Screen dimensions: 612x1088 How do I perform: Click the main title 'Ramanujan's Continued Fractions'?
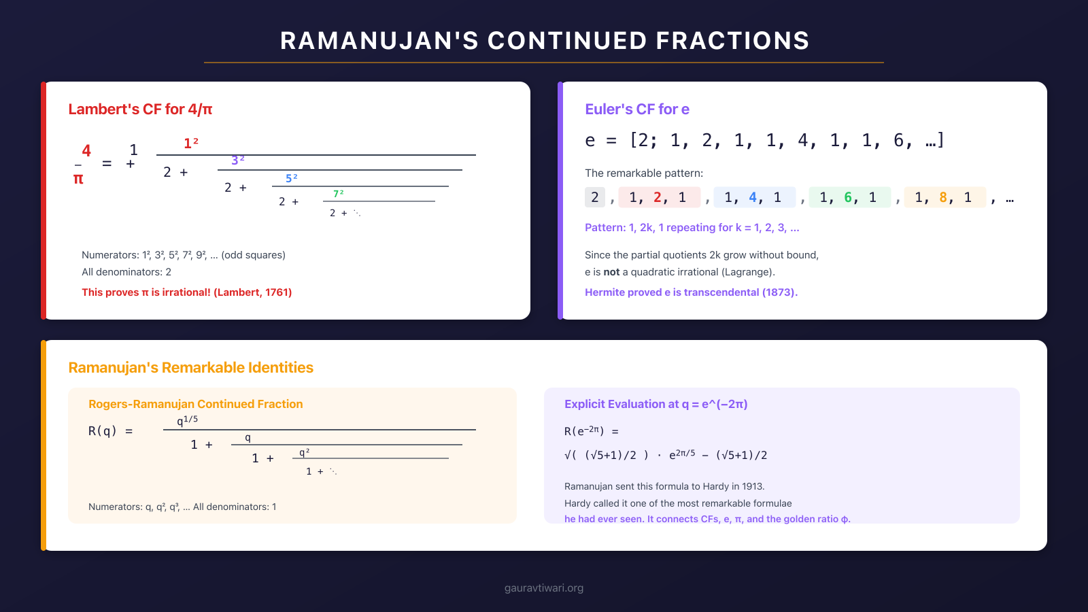(544, 41)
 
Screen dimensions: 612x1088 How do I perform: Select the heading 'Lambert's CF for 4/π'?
(140, 109)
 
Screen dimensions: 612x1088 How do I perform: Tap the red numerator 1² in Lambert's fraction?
(190, 143)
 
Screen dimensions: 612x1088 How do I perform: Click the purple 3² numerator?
(237, 160)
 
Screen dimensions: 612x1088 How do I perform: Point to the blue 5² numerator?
(291, 178)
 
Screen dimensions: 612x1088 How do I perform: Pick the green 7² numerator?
(338, 194)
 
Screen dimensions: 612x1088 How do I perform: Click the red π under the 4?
(78, 179)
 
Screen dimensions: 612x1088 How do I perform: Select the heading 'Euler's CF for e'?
(637, 109)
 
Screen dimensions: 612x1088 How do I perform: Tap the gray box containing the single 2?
(595, 197)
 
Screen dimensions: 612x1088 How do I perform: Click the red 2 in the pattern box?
(658, 197)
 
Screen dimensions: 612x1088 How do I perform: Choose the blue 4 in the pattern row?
(753, 197)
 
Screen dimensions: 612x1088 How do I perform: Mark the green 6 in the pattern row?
(848, 197)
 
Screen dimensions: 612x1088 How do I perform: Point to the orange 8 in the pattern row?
(943, 197)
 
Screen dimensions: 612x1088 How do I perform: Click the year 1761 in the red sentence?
(277, 292)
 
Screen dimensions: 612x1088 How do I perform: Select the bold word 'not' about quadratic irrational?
(611, 272)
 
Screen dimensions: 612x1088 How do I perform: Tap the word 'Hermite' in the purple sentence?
(606, 292)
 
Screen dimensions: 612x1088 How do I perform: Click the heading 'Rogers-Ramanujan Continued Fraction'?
(196, 404)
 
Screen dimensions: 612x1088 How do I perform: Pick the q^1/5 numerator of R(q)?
(187, 420)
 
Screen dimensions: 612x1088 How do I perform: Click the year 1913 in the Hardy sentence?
(751, 486)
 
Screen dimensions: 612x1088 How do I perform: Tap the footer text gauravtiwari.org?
(544, 588)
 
